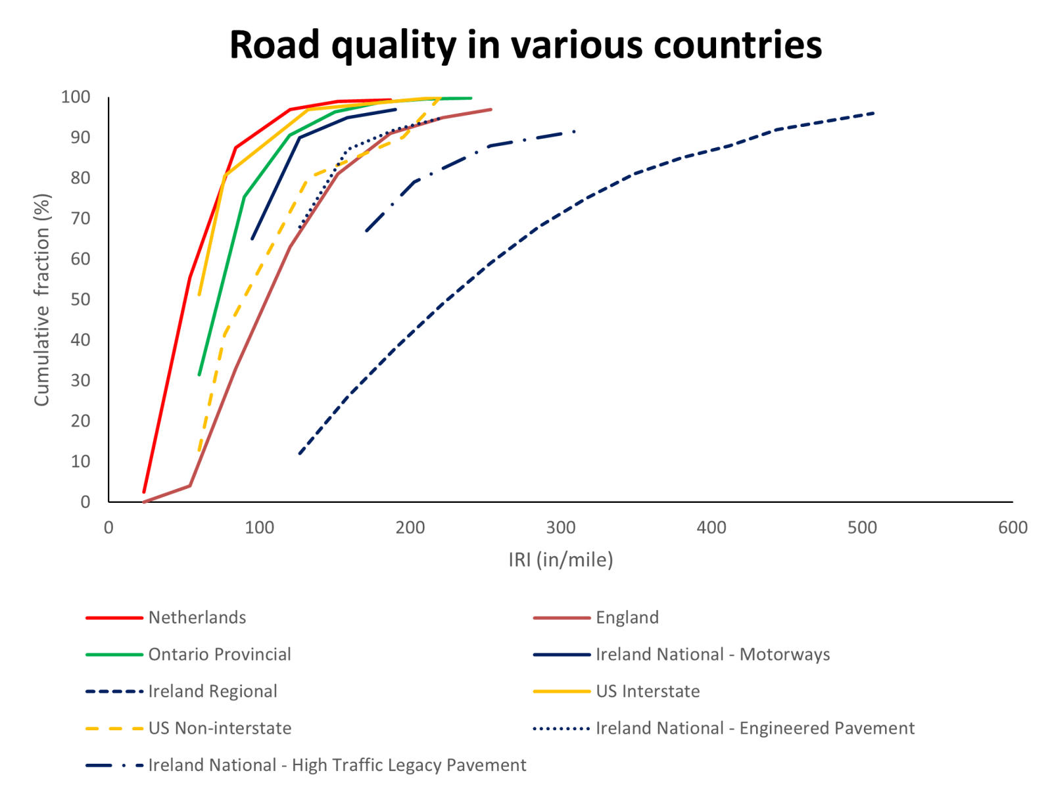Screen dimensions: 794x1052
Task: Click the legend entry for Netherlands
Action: click(x=197, y=618)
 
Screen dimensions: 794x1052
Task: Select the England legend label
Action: click(x=627, y=618)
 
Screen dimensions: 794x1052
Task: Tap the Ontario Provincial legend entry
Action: click(x=219, y=655)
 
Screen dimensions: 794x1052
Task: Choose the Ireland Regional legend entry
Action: click(x=212, y=691)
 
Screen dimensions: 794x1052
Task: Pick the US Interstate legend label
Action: click(x=648, y=691)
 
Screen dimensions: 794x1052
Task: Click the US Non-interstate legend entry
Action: click(x=220, y=728)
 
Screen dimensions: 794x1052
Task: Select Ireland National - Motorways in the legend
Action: click(x=713, y=655)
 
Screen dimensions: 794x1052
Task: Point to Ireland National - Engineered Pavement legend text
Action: click(x=755, y=728)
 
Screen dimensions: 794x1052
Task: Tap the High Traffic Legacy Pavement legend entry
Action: click(x=337, y=765)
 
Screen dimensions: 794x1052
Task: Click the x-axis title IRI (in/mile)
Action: click(x=561, y=560)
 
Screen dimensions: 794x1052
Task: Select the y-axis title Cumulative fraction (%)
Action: click(x=42, y=300)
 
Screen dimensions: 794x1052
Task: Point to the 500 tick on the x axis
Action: click(x=862, y=528)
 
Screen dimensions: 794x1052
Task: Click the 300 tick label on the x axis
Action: click(x=561, y=528)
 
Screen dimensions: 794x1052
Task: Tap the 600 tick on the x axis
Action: click(x=1013, y=528)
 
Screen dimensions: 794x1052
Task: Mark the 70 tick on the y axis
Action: click(x=80, y=218)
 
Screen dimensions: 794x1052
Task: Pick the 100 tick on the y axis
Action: click(x=76, y=97)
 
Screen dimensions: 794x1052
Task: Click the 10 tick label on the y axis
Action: click(x=80, y=461)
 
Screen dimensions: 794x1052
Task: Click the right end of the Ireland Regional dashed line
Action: click(x=875, y=113)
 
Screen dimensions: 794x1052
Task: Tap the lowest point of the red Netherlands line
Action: click(x=143, y=492)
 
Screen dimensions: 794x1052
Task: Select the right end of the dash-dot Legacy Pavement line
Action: click(x=575, y=131)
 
